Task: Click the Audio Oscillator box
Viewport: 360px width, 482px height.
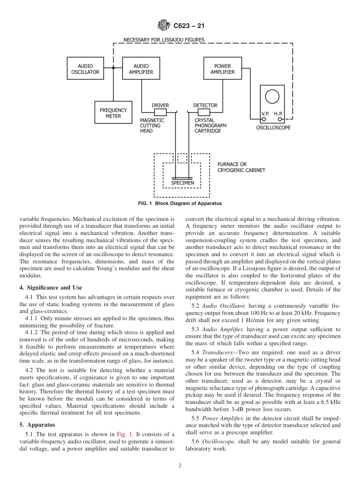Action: click(85, 69)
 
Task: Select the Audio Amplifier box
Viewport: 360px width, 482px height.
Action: click(141, 69)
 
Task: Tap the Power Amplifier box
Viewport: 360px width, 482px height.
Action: click(222, 69)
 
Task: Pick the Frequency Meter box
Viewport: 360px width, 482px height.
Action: click(113, 113)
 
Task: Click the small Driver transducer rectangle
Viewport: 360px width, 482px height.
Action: click(160, 112)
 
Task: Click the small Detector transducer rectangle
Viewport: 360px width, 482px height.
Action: click(204, 112)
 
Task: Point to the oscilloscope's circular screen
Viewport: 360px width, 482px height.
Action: click(272, 96)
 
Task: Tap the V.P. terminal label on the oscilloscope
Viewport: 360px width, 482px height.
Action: click(265, 113)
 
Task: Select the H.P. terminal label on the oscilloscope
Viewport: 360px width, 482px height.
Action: click(279, 113)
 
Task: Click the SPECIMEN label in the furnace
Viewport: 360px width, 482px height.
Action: click(182, 183)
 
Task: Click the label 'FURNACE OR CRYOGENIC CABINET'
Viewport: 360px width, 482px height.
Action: click(241, 167)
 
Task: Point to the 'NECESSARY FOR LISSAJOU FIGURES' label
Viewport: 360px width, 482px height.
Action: click(164, 40)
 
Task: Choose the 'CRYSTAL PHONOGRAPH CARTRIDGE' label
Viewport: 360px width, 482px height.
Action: click(210, 125)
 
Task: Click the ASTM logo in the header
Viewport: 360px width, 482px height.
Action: click(164, 26)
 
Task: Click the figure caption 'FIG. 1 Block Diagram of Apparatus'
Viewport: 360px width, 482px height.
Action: click(180, 203)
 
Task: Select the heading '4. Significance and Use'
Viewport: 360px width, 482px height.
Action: click(51, 288)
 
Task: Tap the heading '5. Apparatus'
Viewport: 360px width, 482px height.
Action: click(37, 425)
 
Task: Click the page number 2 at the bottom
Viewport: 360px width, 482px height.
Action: click(180, 466)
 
